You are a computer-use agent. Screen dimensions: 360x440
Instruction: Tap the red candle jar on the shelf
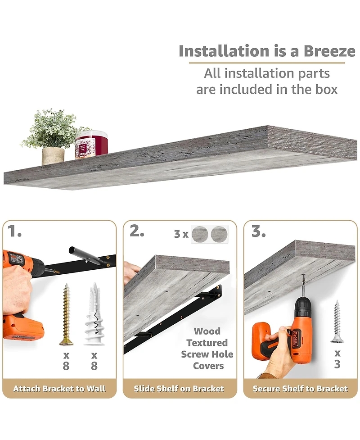[91, 144]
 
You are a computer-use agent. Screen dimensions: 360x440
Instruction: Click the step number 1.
[14, 231]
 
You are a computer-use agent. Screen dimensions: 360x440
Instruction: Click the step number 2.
[137, 231]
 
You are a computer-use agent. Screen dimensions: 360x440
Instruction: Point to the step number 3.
[258, 231]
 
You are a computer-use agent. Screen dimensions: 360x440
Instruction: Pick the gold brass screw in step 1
[66, 314]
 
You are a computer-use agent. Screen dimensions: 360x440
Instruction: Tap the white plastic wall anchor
[94, 314]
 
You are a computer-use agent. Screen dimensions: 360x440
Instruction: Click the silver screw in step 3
[337, 321]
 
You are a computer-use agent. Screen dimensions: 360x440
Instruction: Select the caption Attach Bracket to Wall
[59, 389]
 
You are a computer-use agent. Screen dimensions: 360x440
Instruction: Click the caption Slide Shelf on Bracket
[179, 389]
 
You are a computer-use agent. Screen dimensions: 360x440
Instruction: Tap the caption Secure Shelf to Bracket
[300, 389]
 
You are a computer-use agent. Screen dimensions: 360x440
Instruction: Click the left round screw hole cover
[200, 234]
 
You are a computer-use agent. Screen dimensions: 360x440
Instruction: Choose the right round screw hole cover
[219, 234]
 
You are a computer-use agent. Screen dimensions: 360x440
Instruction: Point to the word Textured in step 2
[207, 343]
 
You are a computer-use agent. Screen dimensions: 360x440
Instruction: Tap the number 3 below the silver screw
[337, 364]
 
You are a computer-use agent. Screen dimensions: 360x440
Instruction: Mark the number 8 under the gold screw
[66, 366]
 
